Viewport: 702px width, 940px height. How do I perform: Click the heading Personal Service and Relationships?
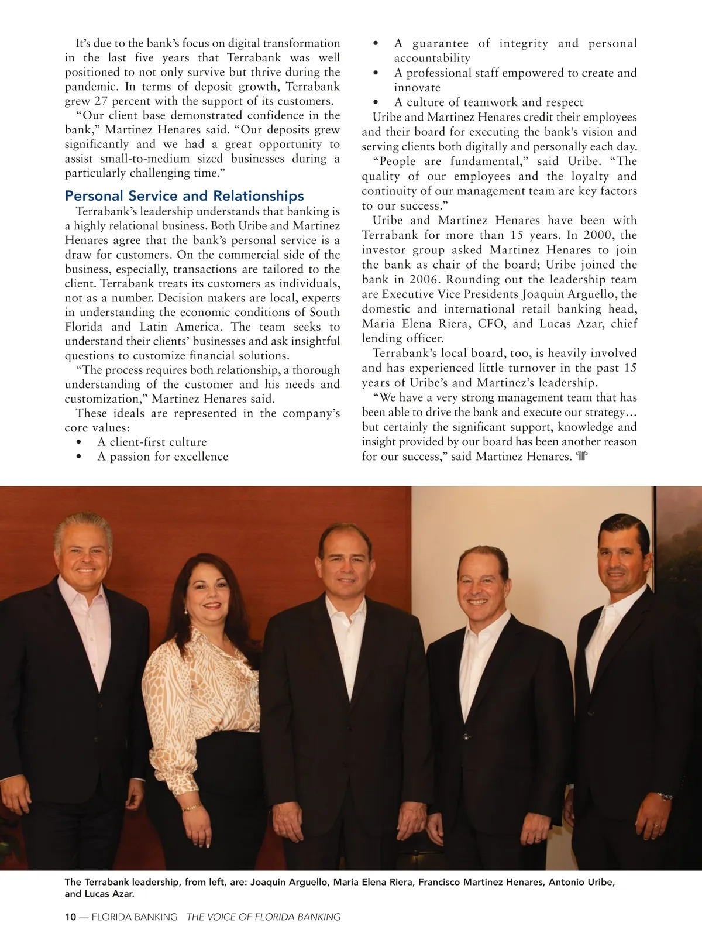click(x=184, y=196)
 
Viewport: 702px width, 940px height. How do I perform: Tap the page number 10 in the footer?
click(x=70, y=917)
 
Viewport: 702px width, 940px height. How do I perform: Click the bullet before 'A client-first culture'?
click(x=79, y=442)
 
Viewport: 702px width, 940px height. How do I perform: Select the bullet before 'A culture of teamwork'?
click(x=376, y=102)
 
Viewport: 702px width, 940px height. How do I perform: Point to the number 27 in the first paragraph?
click(x=101, y=101)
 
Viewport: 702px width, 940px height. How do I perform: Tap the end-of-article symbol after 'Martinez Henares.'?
click(x=581, y=456)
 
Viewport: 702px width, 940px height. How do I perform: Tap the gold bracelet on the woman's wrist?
click(x=191, y=808)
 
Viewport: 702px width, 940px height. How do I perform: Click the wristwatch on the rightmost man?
click(x=665, y=796)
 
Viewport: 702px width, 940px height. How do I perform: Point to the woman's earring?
click(x=186, y=610)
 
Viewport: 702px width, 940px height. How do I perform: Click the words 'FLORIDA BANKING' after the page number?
click(x=135, y=917)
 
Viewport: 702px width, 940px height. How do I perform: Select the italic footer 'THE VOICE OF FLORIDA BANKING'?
click(x=263, y=917)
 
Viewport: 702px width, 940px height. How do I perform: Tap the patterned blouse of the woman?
click(x=199, y=685)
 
